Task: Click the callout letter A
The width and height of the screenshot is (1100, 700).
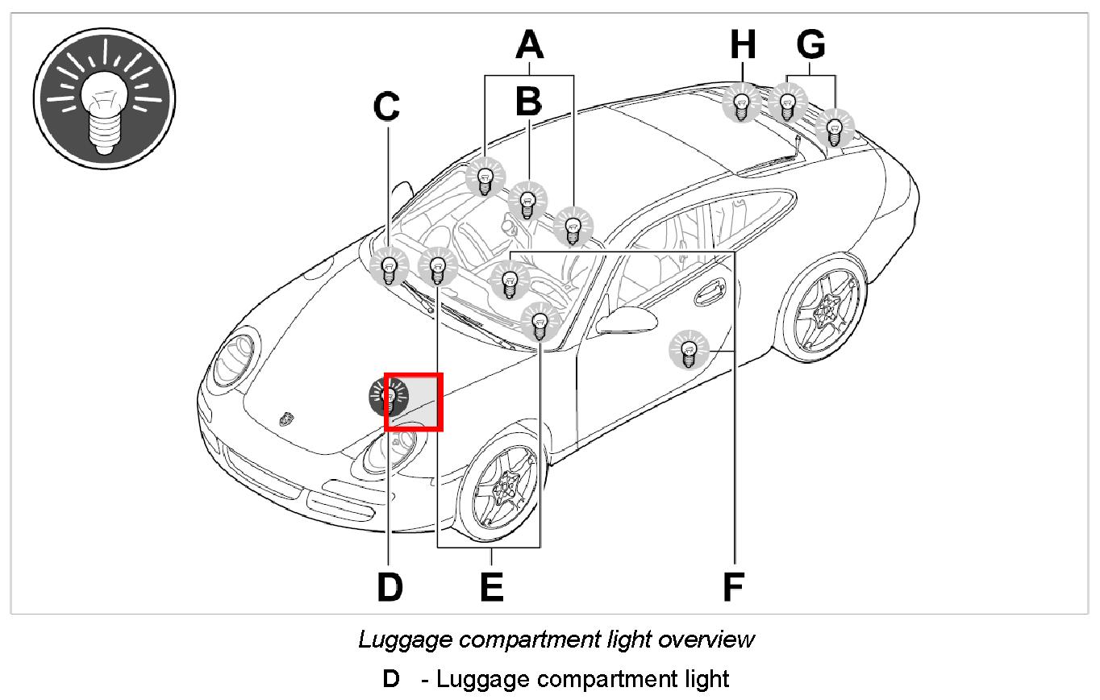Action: point(529,45)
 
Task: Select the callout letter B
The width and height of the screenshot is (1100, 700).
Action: point(528,102)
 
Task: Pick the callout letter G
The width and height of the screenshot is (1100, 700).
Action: point(810,45)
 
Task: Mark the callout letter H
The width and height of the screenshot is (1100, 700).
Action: point(743,45)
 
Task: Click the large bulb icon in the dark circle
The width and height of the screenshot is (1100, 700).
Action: point(104,98)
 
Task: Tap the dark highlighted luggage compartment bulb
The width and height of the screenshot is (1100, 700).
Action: point(389,395)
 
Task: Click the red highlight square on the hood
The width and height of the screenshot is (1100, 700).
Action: point(414,402)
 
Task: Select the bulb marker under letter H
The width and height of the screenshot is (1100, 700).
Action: point(740,103)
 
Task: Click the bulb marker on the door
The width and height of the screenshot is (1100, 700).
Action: point(689,351)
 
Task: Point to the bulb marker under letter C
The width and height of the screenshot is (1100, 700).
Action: point(389,267)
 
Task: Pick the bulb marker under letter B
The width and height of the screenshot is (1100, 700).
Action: point(528,201)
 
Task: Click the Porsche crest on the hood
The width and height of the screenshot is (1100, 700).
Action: point(285,419)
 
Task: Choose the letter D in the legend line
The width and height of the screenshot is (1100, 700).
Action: point(391,679)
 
